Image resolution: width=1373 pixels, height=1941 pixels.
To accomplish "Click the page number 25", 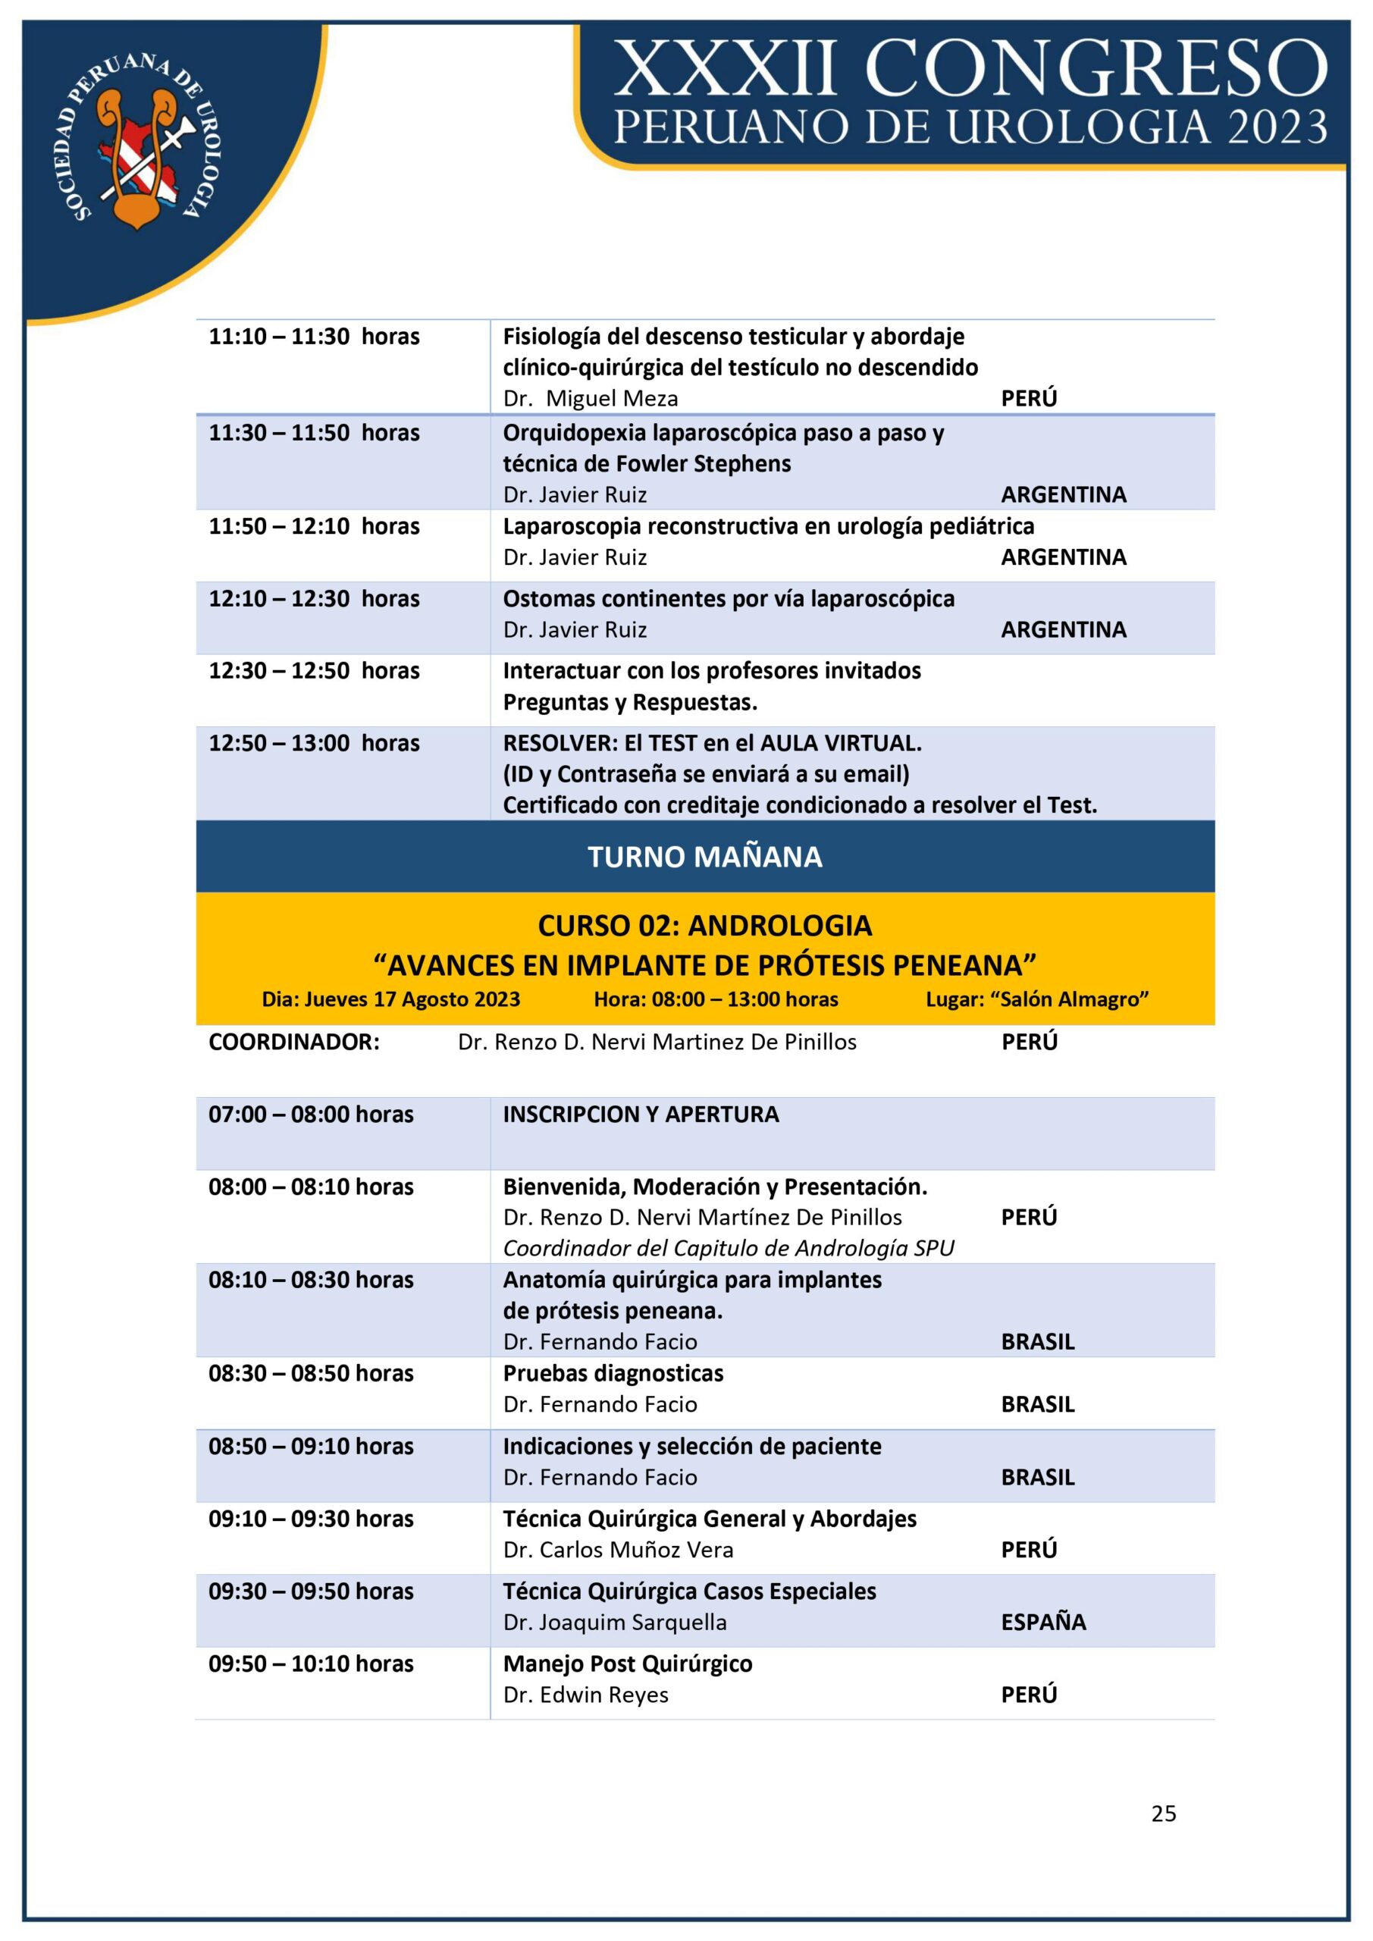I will click(1163, 1813).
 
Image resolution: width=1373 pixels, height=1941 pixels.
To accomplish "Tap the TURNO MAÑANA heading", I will click(704, 856).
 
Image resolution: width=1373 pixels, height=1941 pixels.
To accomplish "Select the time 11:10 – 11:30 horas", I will click(314, 337).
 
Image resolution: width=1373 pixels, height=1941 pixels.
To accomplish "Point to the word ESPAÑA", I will click(1043, 1622).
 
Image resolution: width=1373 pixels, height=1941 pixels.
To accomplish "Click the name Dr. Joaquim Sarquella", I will click(615, 1622).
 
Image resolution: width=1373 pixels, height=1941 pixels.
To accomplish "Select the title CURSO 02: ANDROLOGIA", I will click(704, 926).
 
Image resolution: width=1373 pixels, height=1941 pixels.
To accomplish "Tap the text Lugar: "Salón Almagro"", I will click(1036, 999).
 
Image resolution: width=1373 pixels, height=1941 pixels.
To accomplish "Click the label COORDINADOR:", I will click(294, 1042).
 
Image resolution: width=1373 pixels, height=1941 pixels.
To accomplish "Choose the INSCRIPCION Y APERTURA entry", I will click(641, 1115).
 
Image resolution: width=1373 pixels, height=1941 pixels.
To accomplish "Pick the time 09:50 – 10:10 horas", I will click(311, 1663).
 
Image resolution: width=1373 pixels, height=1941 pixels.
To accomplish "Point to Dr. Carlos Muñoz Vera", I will click(618, 1550).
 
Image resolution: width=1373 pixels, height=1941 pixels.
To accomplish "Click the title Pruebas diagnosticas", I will click(613, 1373).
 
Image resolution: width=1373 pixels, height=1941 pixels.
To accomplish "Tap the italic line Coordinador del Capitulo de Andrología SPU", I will click(728, 1248).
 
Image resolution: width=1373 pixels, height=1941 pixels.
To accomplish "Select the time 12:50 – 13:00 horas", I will click(314, 743).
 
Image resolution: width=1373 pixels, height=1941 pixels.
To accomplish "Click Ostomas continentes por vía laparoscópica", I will click(728, 598).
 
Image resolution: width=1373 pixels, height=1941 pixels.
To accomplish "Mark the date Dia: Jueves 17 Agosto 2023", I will click(390, 999).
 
